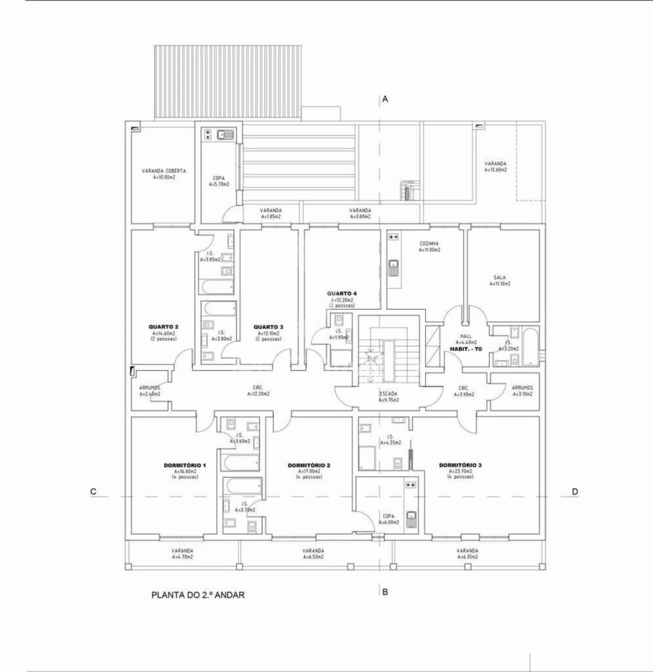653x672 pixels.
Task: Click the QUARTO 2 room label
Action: coord(163,327)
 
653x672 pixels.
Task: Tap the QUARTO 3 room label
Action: coord(268,327)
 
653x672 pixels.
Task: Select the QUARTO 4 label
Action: coord(342,293)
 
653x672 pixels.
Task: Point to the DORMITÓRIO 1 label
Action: coord(185,465)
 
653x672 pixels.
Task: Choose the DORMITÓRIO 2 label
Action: coord(309,465)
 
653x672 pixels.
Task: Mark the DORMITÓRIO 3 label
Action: coord(460,465)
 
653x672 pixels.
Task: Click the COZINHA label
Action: coord(429,244)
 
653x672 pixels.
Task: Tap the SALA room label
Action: coord(500,278)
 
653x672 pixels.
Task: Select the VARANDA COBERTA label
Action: coord(164,171)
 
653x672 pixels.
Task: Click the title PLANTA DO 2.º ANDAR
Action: coord(198,595)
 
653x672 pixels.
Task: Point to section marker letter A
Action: coord(385,99)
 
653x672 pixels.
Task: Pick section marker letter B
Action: coord(385,592)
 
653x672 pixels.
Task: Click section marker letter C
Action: coord(93,492)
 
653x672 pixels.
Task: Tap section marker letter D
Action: coord(575,492)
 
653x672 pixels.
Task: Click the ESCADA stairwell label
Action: coord(389,394)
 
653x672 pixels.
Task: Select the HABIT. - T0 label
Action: coord(465,349)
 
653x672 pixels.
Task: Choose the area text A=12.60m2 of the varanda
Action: coord(495,170)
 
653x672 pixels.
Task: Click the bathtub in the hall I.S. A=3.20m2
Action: coord(530,347)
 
